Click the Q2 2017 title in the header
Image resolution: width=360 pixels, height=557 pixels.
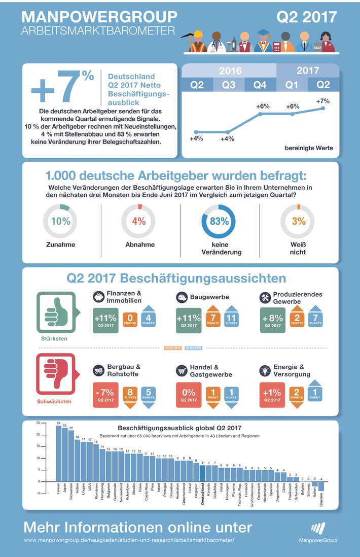pyautogui.click(x=306, y=17)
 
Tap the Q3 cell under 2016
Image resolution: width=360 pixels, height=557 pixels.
pyautogui.click(x=229, y=85)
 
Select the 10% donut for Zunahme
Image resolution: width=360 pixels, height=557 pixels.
pyautogui.click(x=60, y=221)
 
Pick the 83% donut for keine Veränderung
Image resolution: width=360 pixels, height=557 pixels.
pyautogui.click(x=220, y=221)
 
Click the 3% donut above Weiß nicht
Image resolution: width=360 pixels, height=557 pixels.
pyautogui.click(x=299, y=221)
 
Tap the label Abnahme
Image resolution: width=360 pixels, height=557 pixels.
pyautogui.click(x=139, y=245)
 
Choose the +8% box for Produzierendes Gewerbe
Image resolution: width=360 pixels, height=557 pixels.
pyautogui.click(x=273, y=320)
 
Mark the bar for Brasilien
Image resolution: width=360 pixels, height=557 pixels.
pyautogui.click(x=321, y=486)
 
